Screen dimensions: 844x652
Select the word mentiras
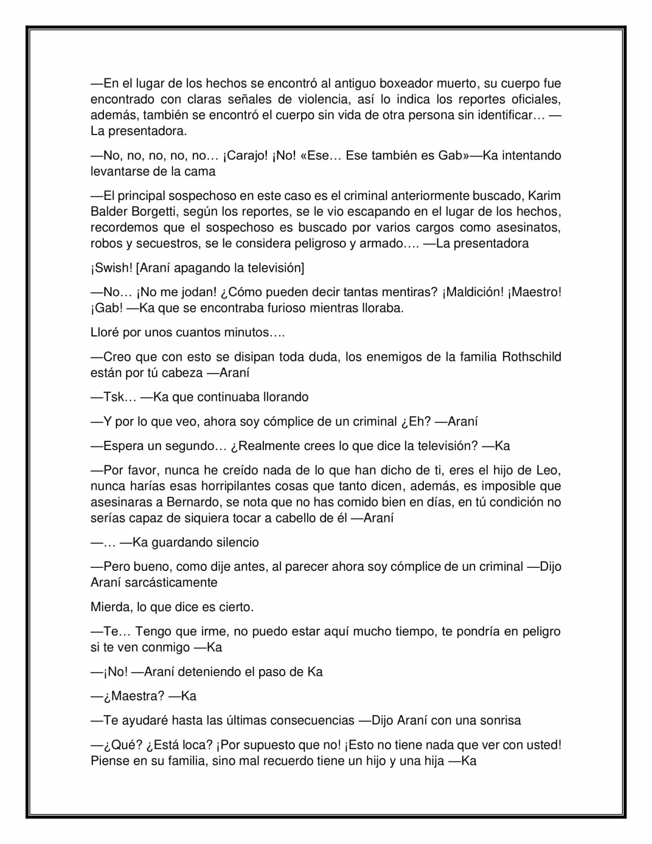[411, 292]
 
